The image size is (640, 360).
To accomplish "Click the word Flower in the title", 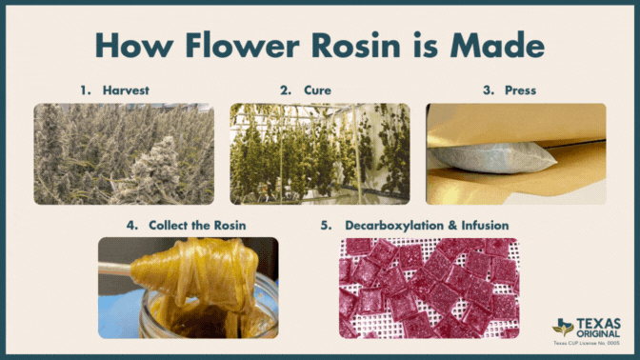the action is pyautogui.click(x=243, y=45).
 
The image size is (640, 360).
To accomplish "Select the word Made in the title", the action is pyautogui.click(x=497, y=45).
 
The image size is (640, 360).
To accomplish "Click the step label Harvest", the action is pyautogui.click(x=126, y=90).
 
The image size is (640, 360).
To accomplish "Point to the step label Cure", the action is pyautogui.click(x=317, y=90).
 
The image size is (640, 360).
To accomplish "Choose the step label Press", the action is pyautogui.click(x=520, y=90).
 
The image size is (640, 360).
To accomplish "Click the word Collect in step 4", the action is pyautogui.click(x=166, y=226).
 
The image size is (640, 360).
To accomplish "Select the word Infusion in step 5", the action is pyautogui.click(x=485, y=226).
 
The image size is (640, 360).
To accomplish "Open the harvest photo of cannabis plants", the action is pyautogui.click(x=124, y=154).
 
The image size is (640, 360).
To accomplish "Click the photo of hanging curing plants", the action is pyautogui.click(x=320, y=154).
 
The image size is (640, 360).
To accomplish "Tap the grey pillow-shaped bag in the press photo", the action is pyautogui.click(x=491, y=158).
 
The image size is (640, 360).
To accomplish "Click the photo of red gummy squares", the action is pyautogui.click(x=430, y=289).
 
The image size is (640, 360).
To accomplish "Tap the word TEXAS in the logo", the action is pyautogui.click(x=599, y=324).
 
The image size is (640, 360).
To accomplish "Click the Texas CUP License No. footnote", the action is pyautogui.click(x=587, y=343).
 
